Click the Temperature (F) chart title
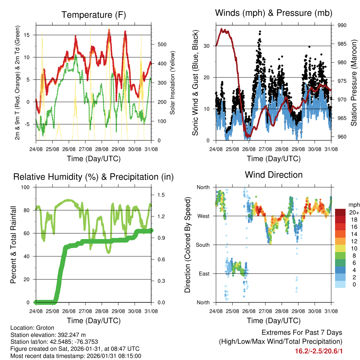pos(93,15)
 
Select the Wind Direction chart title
pos(274,174)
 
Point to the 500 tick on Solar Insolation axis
pos(161,44)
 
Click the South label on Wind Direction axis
pos(203,245)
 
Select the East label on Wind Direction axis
pos(204,274)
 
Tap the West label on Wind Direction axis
pos(204,216)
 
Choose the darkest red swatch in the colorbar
pos(340,212)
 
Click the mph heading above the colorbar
pos(353,205)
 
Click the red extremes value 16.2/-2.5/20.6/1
pos(319,351)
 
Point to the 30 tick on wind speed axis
pos(208,46)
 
